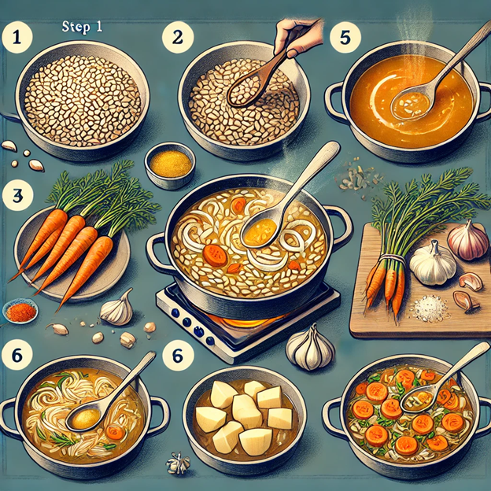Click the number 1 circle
tap(17, 38)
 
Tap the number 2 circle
tap(178, 38)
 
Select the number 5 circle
tap(345, 38)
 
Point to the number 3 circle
tap(17, 195)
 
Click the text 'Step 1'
tap(82, 27)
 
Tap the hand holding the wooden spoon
tap(297, 37)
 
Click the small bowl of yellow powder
tap(170, 165)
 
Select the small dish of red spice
tap(20, 311)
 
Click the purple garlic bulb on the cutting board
tap(468, 239)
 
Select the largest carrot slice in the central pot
tap(215, 256)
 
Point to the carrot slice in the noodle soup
tap(115, 433)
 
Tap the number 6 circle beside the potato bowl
tap(178, 356)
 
